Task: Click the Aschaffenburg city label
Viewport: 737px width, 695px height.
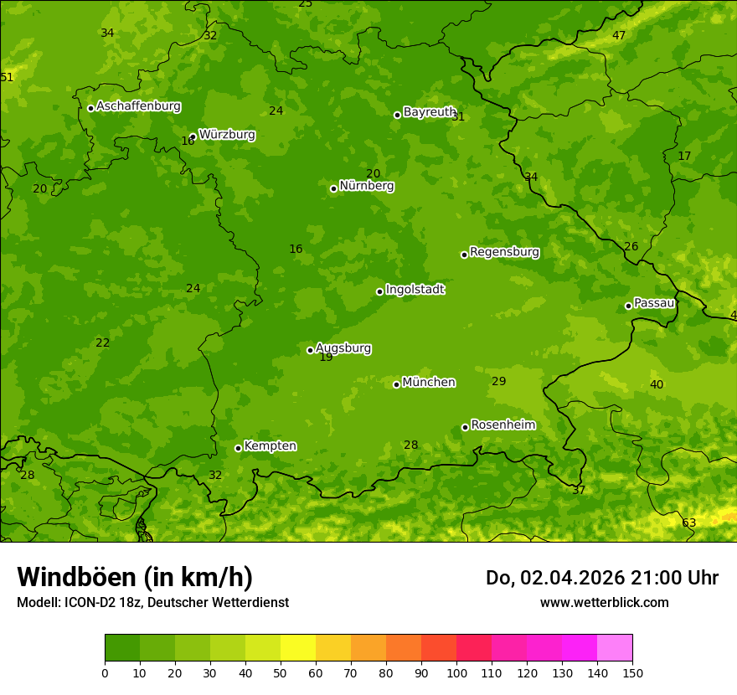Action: (138, 106)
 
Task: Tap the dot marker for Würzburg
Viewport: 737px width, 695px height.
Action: (193, 136)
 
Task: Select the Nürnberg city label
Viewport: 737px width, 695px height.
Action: (366, 186)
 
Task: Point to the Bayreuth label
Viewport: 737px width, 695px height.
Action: (429, 112)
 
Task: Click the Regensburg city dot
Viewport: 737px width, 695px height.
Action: (464, 255)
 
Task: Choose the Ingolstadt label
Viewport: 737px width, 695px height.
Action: (415, 290)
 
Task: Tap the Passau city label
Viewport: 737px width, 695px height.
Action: (654, 303)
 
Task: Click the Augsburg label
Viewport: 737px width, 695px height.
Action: (343, 348)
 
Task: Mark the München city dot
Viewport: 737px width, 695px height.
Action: (396, 384)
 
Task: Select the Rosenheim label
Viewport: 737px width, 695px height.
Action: (502, 425)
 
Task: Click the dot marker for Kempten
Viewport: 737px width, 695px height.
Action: (238, 448)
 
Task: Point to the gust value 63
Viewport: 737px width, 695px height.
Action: (688, 523)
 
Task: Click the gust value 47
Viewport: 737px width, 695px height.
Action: (619, 36)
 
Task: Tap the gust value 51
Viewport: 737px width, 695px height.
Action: (7, 78)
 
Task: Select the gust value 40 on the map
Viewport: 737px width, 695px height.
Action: (657, 385)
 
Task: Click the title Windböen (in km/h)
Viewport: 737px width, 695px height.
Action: (134, 577)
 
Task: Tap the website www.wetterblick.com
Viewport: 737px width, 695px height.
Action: (604, 602)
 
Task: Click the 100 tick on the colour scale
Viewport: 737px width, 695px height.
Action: (456, 672)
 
